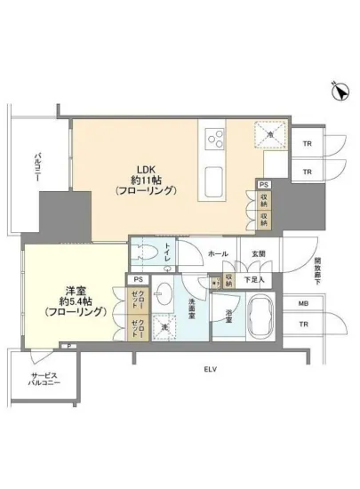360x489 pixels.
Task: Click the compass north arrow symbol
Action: [338, 90]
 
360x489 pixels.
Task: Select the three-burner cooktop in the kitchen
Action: [215, 136]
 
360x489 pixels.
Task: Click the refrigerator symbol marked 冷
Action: [272, 135]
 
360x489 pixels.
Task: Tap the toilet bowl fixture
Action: [145, 253]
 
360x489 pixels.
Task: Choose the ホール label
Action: [218, 253]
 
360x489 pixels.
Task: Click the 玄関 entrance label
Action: [259, 253]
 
